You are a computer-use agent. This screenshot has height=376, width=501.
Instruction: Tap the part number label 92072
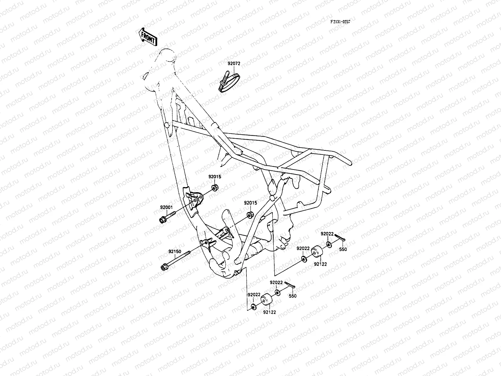pos(234,63)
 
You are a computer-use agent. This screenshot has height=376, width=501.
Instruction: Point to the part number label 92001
pos(166,207)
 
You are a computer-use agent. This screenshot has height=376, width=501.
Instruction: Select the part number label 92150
pos(175,251)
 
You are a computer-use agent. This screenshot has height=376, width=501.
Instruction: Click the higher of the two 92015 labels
pos(215,177)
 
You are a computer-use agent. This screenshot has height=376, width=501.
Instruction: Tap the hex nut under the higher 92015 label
pos(215,188)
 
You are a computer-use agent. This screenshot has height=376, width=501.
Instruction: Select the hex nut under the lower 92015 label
pos(250,215)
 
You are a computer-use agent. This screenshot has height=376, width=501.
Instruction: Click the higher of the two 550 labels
pos(343,250)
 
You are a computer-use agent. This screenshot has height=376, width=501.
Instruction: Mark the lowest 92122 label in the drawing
pos(270,312)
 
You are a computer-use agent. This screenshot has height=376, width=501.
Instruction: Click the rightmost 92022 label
pos(327,234)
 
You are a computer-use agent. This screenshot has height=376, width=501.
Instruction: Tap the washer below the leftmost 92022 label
pos(253,306)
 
